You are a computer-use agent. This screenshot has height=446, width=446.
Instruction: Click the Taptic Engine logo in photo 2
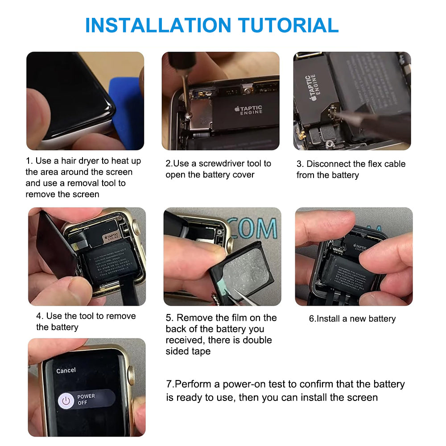[249, 110]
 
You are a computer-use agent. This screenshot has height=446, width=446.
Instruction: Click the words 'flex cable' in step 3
[383, 164]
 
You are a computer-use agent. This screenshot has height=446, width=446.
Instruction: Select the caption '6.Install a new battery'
[352, 319]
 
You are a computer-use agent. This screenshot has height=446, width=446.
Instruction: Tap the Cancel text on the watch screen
[66, 370]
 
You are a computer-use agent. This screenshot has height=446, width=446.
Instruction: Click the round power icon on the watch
[66, 400]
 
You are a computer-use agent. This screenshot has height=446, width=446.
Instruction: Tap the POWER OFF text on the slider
[86, 399]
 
